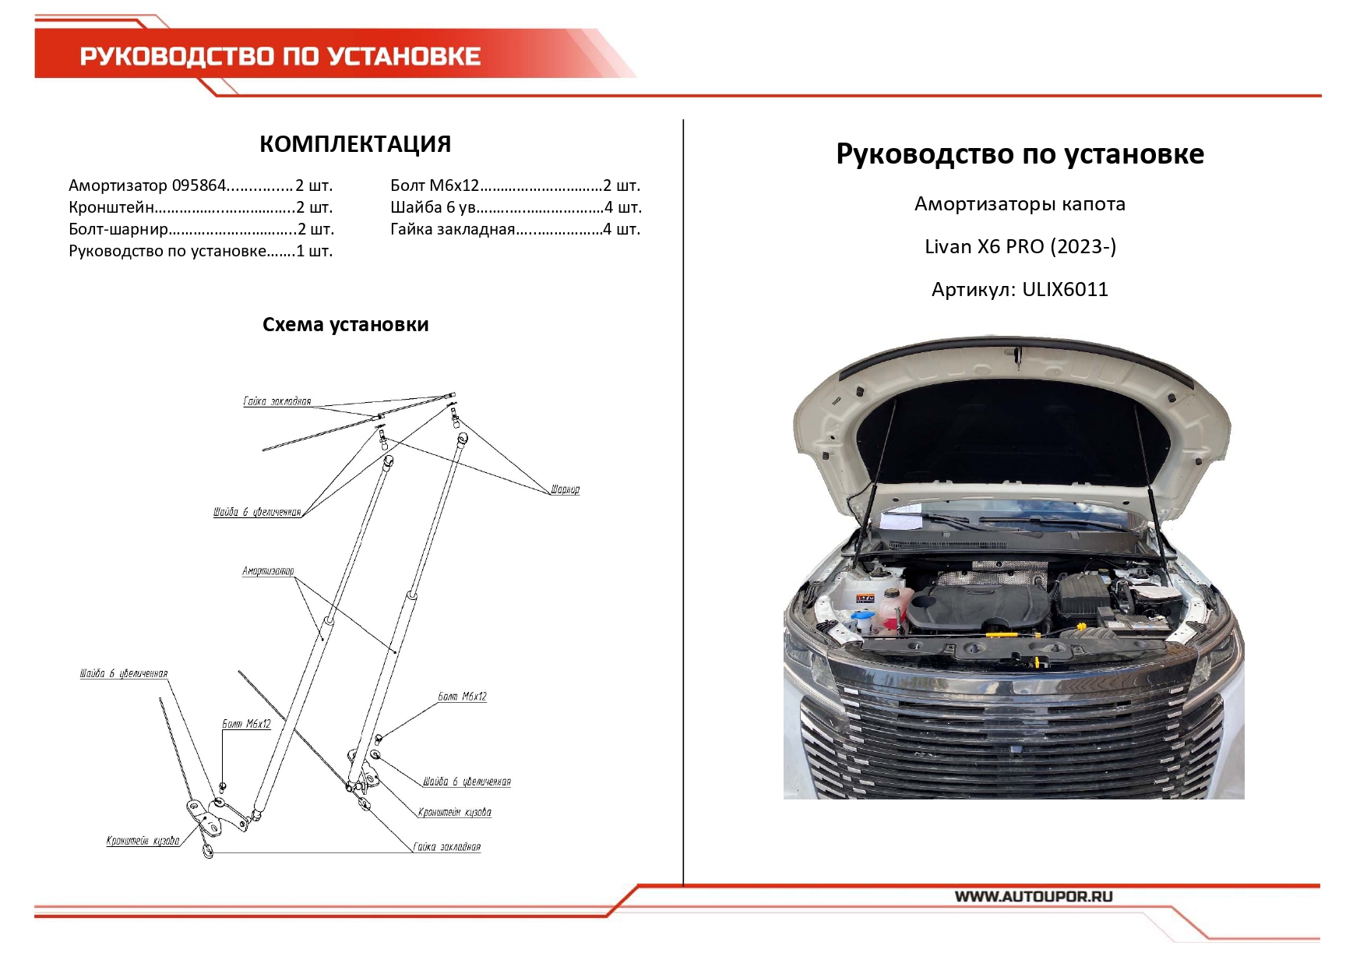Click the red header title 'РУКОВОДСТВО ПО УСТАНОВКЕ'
(280, 56)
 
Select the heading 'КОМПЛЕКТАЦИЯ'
(355, 144)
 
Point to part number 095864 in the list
(199, 185)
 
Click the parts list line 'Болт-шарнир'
(201, 229)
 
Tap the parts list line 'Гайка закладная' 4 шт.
(515, 229)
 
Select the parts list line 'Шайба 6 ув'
(515, 207)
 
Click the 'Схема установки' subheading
(345, 325)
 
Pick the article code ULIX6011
(1065, 290)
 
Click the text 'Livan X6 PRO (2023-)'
(1020, 247)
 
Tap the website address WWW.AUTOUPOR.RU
(1034, 896)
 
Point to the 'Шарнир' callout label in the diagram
(565, 489)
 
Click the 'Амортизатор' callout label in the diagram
(268, 571)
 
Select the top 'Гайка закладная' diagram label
(277, 401)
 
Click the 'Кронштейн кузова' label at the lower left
(143, 841)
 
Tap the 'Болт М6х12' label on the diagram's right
(462, 697)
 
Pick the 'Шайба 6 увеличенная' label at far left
(123, 673)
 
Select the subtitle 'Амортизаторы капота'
(1020, 204)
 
